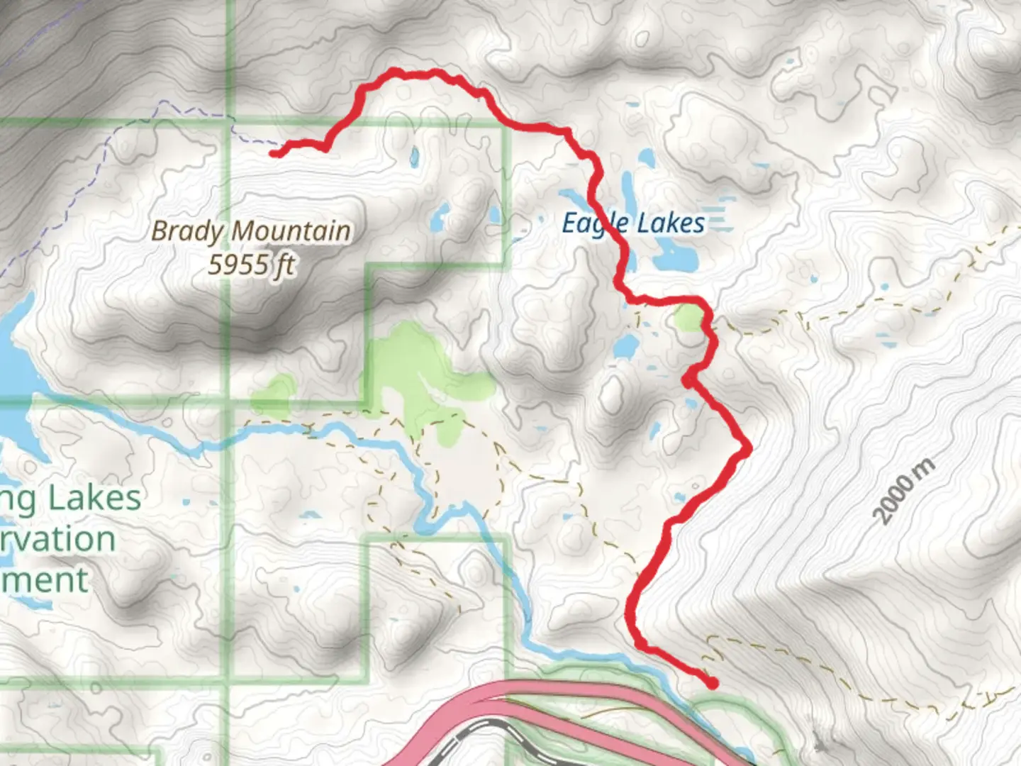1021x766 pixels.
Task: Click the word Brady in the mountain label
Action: [x=190, y=231]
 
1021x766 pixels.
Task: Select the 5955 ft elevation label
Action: [x=251, y=265]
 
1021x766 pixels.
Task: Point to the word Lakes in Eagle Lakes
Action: [x=670, y=223]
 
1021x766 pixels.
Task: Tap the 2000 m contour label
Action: [x=903, y=492]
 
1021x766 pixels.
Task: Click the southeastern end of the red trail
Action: [x=711, y=684]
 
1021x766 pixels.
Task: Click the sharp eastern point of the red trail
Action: [x=747, y=448]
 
